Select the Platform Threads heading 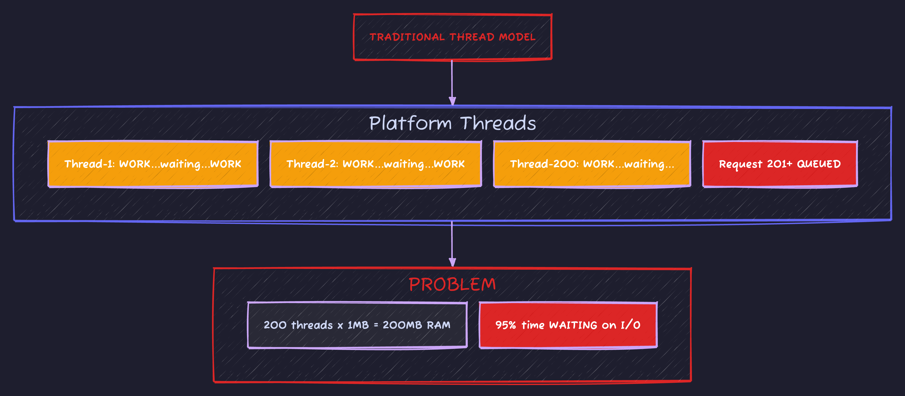(452, 124)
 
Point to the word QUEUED (819, 164)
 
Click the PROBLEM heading (452, 284)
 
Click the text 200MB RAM (416, 325)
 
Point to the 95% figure (505, 325)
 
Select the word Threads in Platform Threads (498, 124)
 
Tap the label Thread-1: (89, 164)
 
